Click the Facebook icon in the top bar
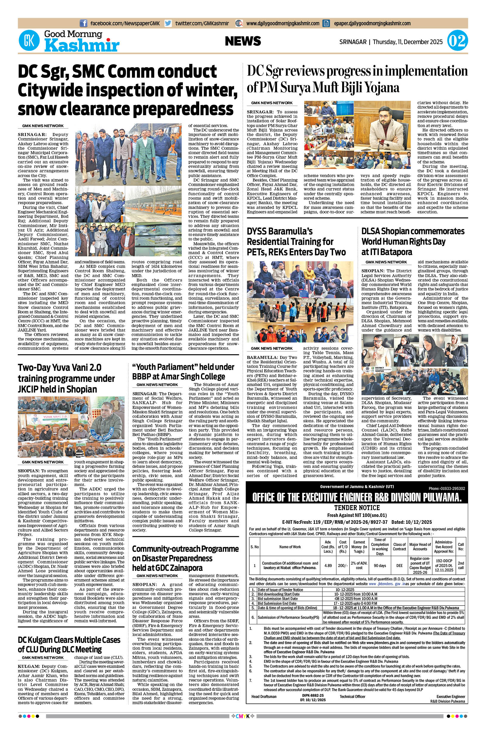pos(83,23)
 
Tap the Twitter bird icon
pos(168,23)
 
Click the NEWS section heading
pos(243,41)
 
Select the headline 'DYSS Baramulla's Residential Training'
pos(296,242)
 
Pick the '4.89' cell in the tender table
pos(328,565)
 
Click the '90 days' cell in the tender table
pos(380,565)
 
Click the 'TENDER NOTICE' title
pos(357,508)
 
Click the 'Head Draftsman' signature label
pos(264,696)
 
